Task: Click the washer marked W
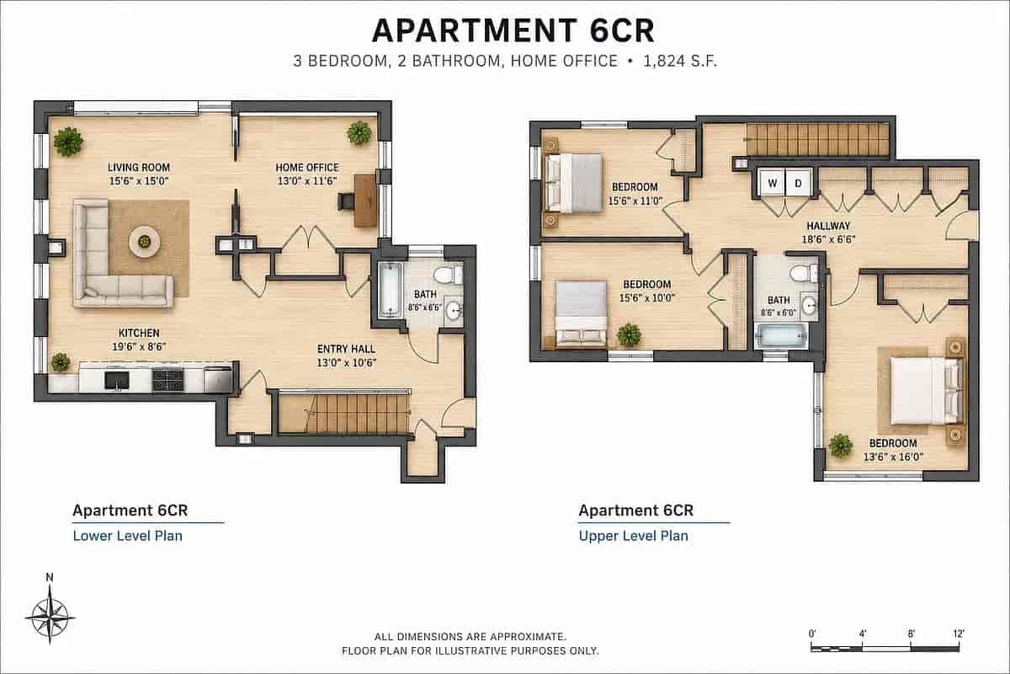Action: tap(772, 182)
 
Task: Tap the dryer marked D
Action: tap(799, 182)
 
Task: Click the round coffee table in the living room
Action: tap(144, 243)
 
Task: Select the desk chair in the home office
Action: tap(346, 201)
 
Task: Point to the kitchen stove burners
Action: tap(167, 379)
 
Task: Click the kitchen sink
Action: tap(117, 381)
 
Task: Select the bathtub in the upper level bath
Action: tap(781, 335)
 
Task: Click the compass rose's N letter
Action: tap(50, 577)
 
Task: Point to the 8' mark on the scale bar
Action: tap(911, 634)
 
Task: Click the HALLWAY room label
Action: tap(828, 226)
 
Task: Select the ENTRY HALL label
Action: tap(346, 349)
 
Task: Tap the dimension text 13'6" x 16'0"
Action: tap(893, 457)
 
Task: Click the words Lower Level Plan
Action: tap(128, 536)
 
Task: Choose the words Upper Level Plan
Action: tap(634, 536)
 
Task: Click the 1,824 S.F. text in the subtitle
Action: tap(680, 61)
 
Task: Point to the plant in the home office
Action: tap(359, 133)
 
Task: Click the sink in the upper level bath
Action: tap(810, 306)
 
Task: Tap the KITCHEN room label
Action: tap(139, 333)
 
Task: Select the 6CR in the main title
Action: tap(621, 30)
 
